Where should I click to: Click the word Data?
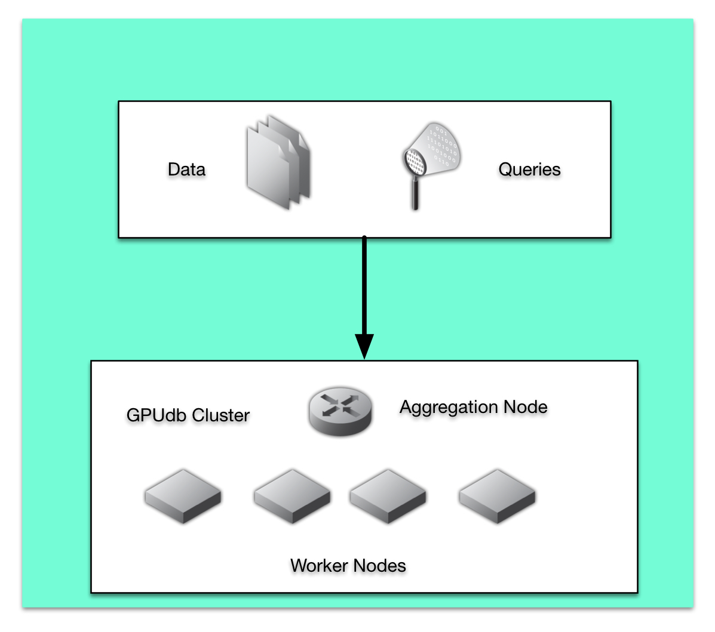pos(186,169)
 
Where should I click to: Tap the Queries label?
pos(529,169)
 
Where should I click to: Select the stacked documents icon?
pos(278,162)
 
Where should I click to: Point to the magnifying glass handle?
pos(415,193)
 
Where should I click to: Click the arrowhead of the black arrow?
pos(364,346)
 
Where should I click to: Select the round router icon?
pos(340,411)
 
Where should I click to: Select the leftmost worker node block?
pos(183,496)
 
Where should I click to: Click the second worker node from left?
pos(292,496)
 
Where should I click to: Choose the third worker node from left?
pos(388,496)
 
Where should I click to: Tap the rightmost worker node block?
pos(497,496)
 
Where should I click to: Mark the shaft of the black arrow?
pos(364,286)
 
